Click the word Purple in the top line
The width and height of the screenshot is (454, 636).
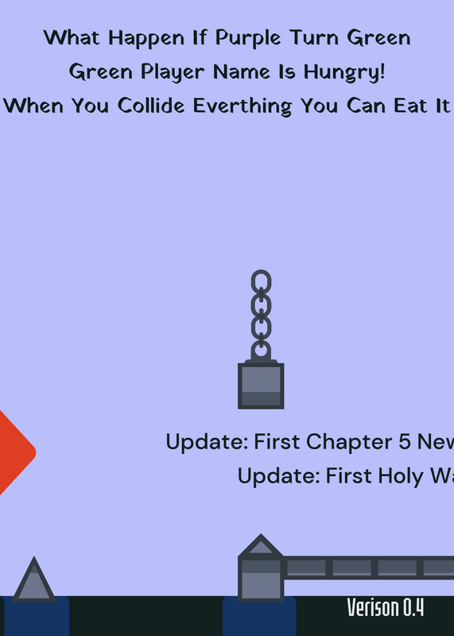(x=248, y=38)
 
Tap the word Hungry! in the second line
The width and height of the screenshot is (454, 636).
(x=344, y=72)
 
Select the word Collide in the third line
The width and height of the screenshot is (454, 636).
(x=151, y=106)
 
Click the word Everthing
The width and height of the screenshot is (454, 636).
(x=243, y=107)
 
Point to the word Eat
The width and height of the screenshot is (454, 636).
(x=409, y=106)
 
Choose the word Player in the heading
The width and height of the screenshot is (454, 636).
(x=173, y=72)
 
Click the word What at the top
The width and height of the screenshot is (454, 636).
(x=72, y=37)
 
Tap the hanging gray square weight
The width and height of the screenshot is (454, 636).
(x=261, y=386)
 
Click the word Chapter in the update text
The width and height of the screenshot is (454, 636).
(x=349, y=442)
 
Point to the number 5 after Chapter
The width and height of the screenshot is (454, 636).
(x=405, y=442)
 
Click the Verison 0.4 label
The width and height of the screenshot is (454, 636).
(x=386, y=607)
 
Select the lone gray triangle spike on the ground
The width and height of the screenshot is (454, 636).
(x=34, y=580)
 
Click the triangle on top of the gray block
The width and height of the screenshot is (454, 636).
(x=261, y=545)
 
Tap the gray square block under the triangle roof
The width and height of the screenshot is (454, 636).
(x=261, y=580)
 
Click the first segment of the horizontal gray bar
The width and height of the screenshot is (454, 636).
(x=306, y=568)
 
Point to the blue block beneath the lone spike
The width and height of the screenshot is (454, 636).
(x=36, y=616)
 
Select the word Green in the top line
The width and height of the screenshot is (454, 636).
(x=379, y=38)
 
